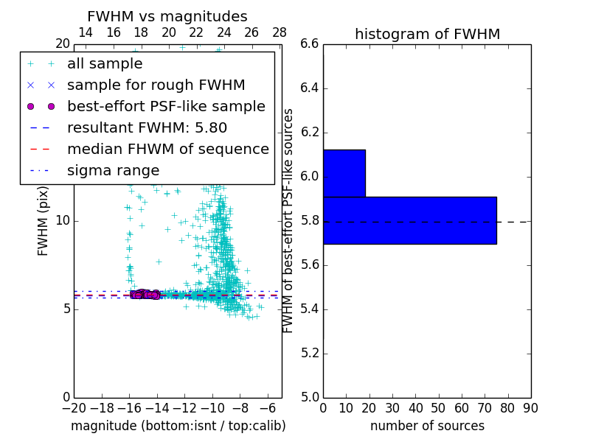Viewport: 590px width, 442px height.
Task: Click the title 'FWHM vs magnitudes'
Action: pos(167,16)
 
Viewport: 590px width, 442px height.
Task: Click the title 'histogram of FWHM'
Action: pos(427,34)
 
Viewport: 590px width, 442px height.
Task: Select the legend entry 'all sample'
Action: pos(105,64)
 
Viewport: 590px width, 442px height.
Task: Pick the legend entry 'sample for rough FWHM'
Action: pos(156,85)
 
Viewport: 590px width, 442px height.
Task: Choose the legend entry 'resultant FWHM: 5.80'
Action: pos(147,127)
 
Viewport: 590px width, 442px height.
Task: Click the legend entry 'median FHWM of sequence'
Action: pos(167,149)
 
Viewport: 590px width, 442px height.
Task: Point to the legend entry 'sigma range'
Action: pos(113,170)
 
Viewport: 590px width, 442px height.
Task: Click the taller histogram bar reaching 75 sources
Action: pos(409,220)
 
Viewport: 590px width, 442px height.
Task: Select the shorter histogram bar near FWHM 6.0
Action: pos(344,173)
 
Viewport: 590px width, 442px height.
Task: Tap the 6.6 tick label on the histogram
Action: pos(309,44)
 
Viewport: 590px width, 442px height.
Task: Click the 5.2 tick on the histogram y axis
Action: pos(309,353)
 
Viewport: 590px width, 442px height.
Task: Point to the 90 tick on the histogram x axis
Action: pos(530,408)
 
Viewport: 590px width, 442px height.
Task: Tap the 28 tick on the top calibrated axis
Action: pos(280,32)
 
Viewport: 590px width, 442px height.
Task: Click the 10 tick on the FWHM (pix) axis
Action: pos(63,220)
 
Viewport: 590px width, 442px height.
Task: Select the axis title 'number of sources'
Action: pos(427,426)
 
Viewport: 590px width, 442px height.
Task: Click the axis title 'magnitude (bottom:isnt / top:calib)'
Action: pos(178,426)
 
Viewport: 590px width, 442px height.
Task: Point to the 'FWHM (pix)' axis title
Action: pos(44,220)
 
